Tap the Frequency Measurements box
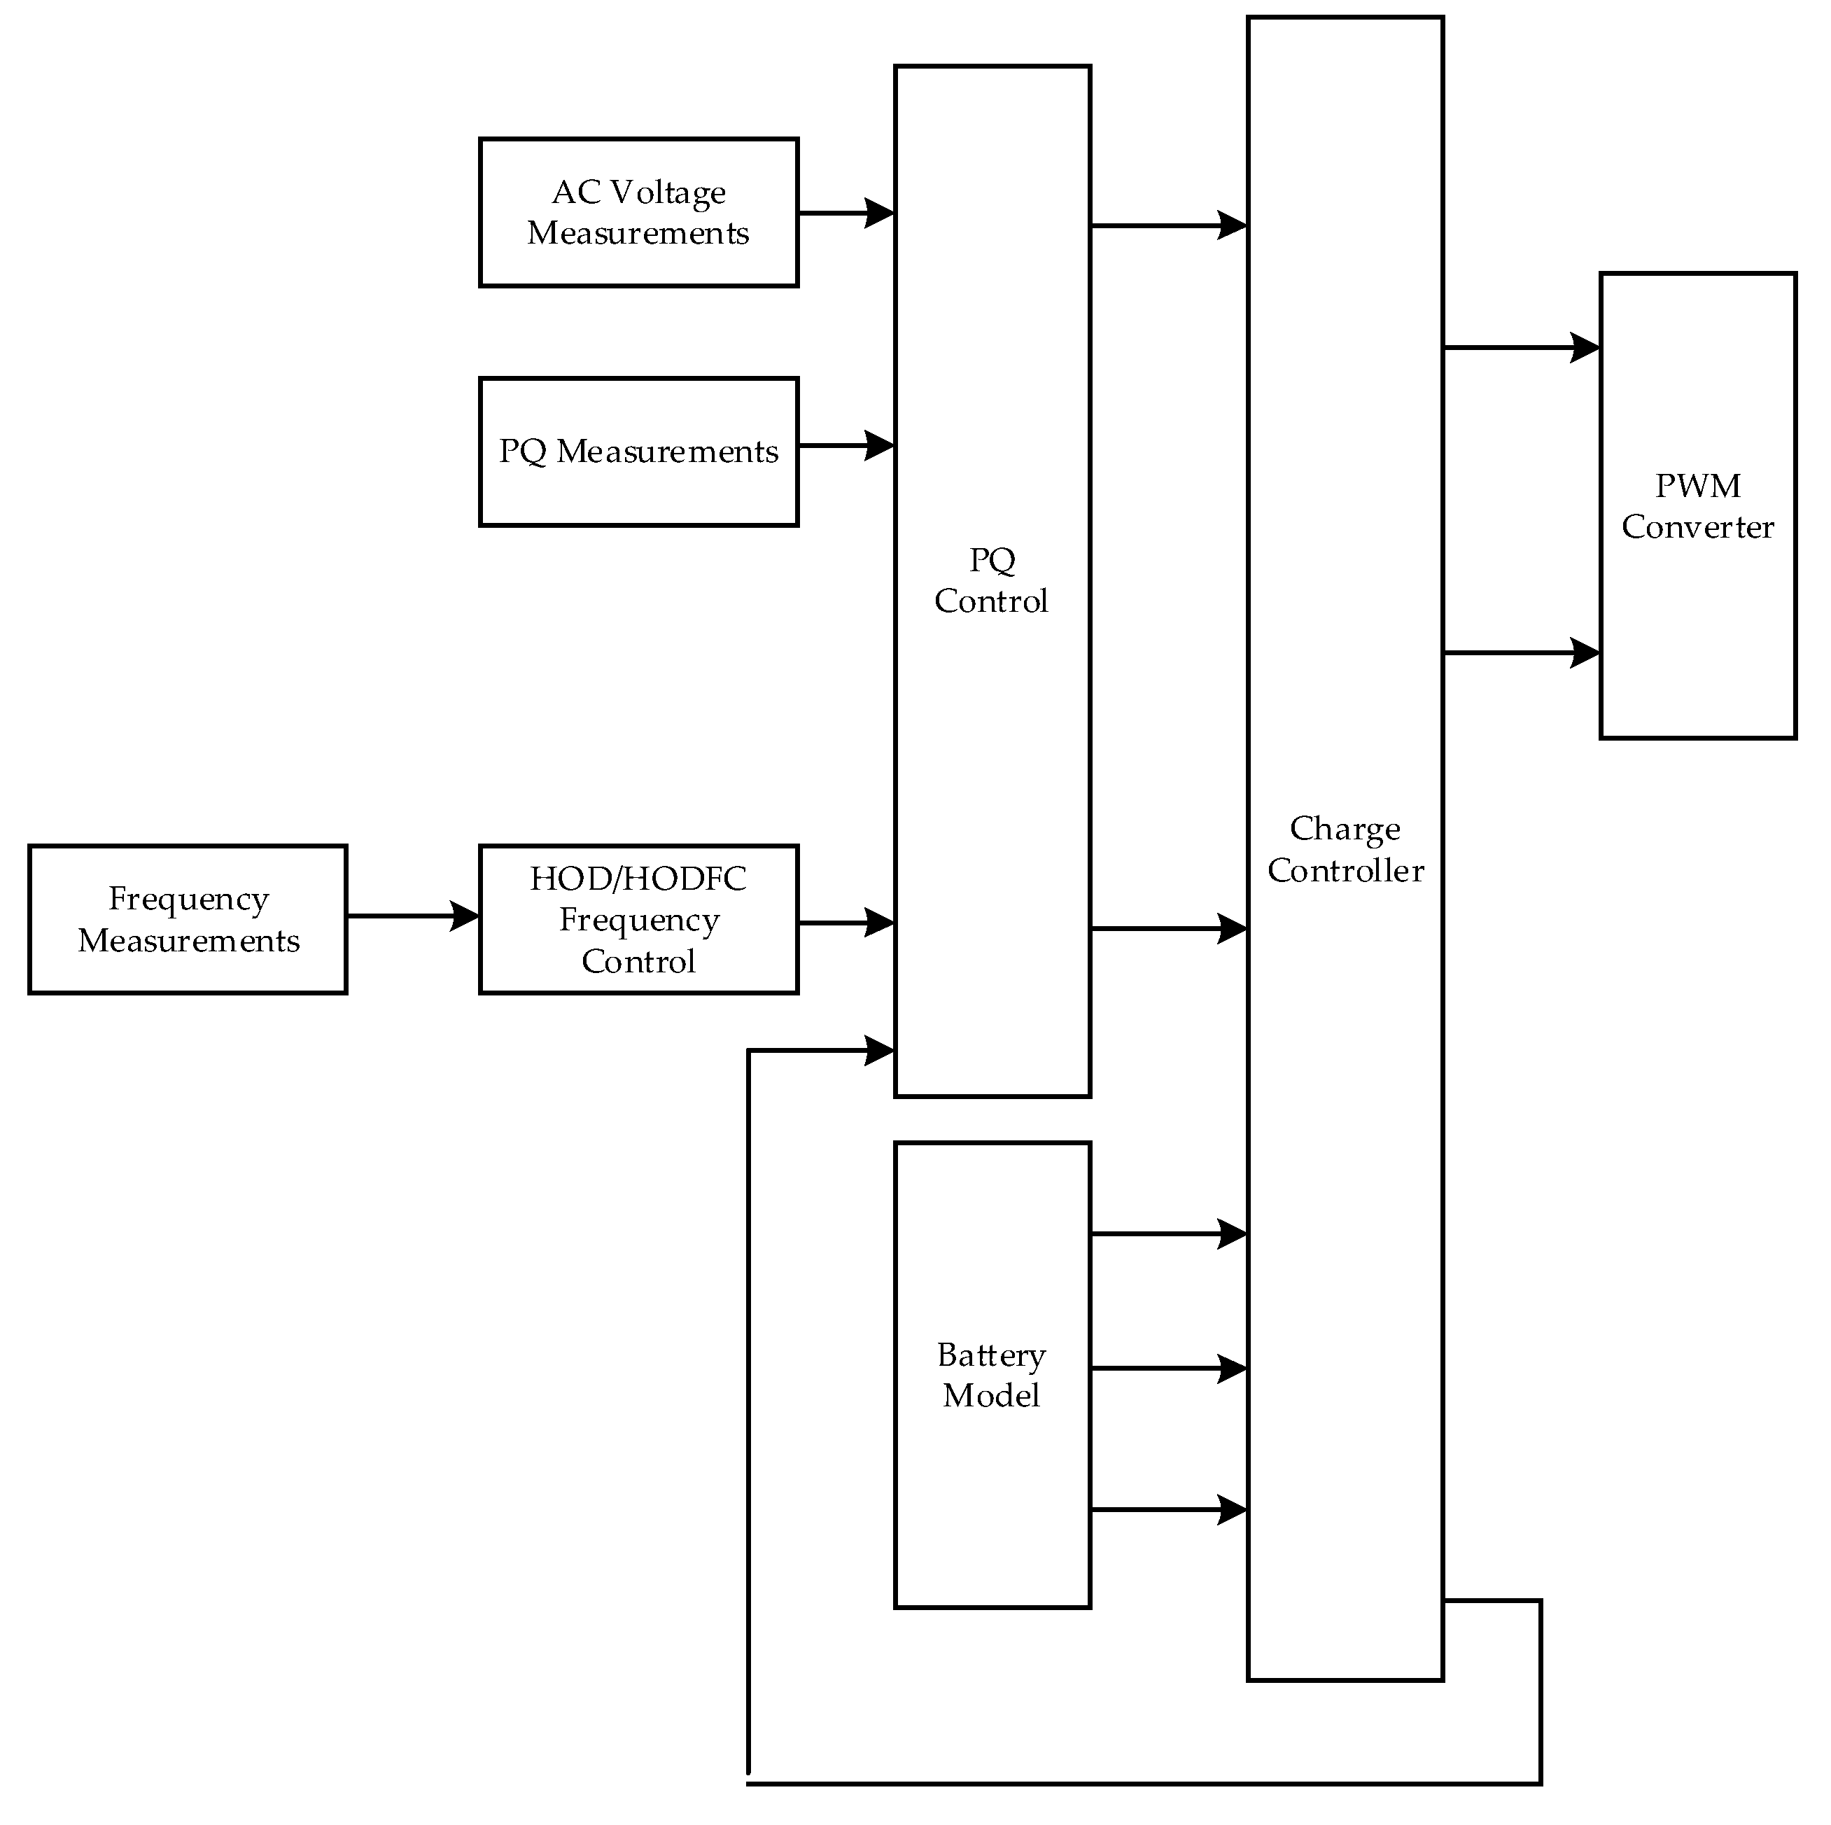pos(188,920)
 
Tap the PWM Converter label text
pos(1697,506)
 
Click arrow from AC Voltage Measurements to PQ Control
pos(846,214)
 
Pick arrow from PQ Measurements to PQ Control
pos(846,446)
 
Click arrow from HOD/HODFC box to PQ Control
pos(846,923)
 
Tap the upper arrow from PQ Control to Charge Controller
pos(1169,225)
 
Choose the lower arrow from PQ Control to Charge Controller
pos(1169,929)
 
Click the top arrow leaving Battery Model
pos(1169,1234)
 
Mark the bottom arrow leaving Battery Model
pos(1169,1509)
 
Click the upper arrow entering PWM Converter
pos(1521,348)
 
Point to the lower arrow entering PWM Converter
pos(1521,653)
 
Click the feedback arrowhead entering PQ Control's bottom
pos(878,1051)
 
